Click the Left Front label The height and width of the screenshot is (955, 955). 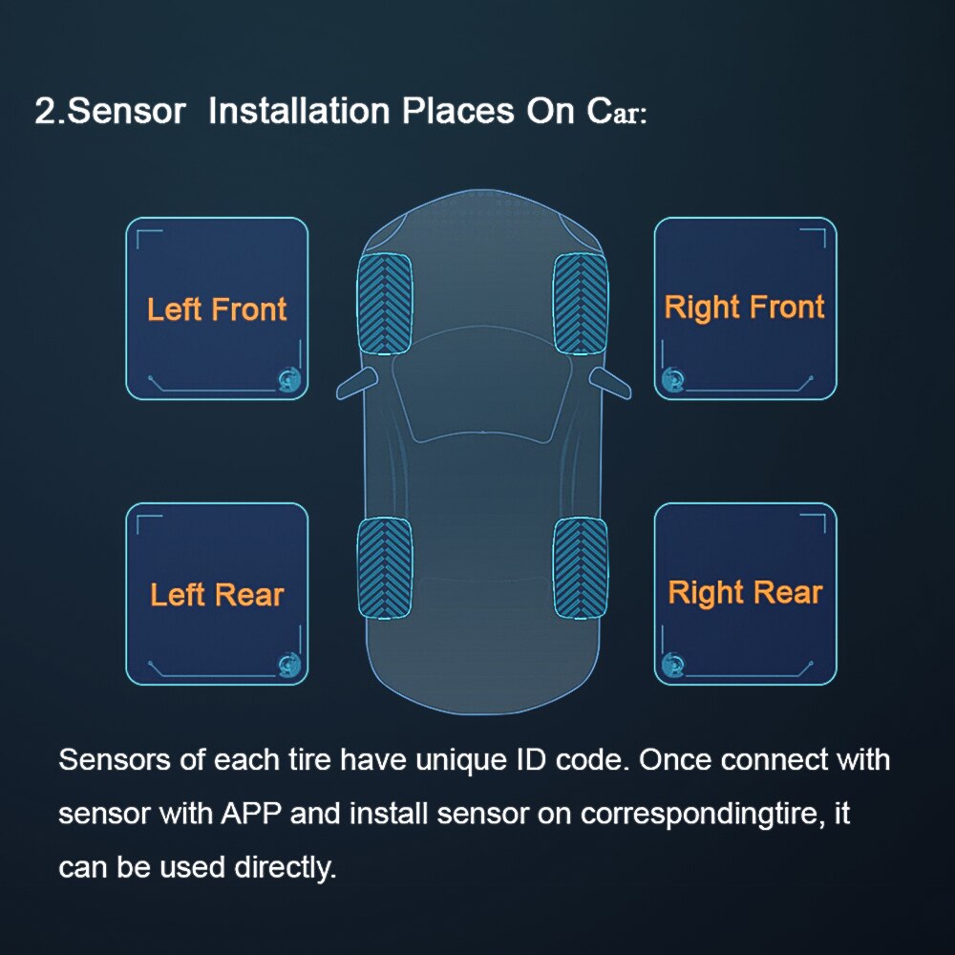217,309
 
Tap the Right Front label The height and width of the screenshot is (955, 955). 744,308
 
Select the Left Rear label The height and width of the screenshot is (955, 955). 217,595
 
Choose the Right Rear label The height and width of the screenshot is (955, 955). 745,592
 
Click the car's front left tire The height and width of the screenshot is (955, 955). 384,304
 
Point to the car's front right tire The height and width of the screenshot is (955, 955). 581,304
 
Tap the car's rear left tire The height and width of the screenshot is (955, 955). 384,567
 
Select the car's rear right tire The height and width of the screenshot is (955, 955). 581,567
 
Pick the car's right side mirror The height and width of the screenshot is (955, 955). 609,382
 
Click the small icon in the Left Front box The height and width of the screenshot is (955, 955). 287,379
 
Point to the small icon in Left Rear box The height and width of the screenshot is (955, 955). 287,664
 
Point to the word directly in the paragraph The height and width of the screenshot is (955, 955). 285,868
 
